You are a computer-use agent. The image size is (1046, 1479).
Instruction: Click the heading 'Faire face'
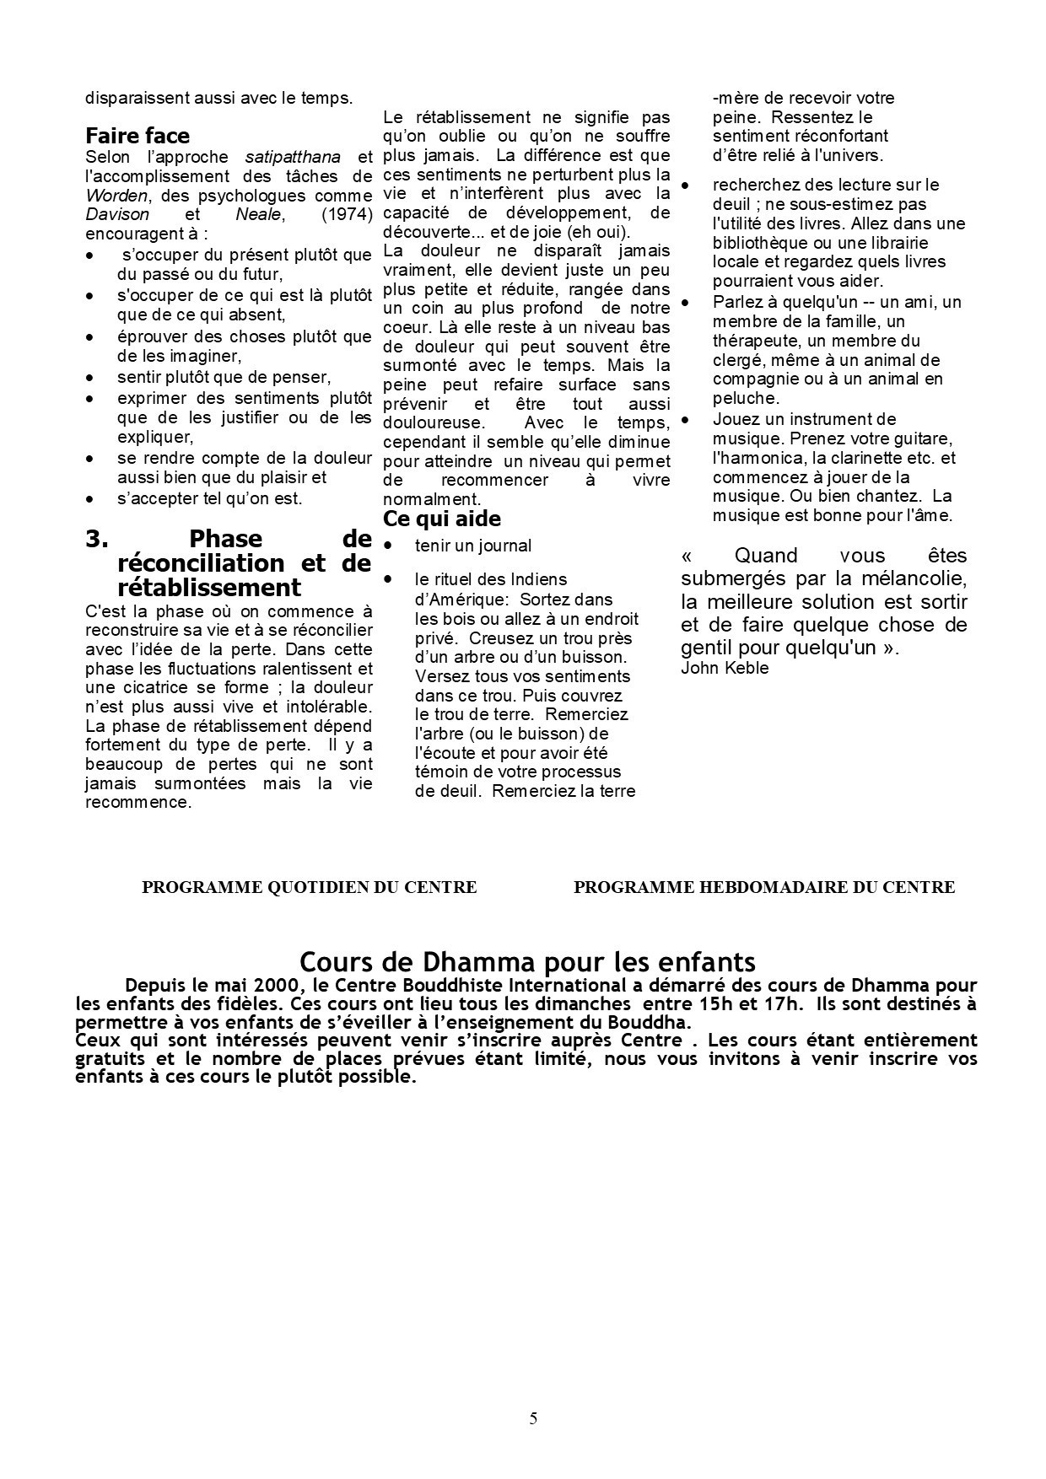pyautogui.click(x=137, y=136)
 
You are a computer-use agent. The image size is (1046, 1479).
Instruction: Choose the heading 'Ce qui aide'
pyautogui.click(x=441, y=518)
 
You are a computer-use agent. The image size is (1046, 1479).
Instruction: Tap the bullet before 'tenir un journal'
pyautogui.click(x=388, y=546)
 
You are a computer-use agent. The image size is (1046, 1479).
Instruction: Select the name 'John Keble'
pyautogui.click(x=725, y=668)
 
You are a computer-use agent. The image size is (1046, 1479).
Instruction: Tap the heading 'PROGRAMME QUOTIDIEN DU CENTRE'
pyautogui.click(x=309, y=887)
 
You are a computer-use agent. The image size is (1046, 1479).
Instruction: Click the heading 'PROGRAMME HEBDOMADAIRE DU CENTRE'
pyautogui.click(x=763, y=887)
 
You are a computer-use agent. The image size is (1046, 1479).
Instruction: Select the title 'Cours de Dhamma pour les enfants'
pyautogui.click(x=527, y=962)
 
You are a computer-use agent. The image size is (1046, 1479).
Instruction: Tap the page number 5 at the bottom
pyautogui.click(x=533, y=1417)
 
